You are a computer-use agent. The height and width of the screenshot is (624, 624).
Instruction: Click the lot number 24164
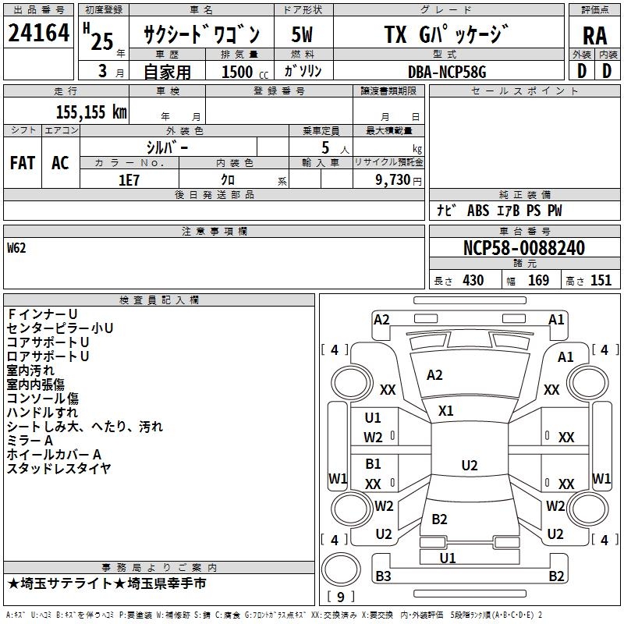tap(38, 33)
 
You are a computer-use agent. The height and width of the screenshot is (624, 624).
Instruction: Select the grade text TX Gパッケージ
tap(446, 34)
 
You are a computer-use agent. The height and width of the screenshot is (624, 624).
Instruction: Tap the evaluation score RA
tap(594, 36)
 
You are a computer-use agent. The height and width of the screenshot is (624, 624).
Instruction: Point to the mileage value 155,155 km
tap(91, 112)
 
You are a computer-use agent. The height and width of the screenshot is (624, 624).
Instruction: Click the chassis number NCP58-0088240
tap(524, 248)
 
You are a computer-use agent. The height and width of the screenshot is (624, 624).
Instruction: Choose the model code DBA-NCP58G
tap(447, 72)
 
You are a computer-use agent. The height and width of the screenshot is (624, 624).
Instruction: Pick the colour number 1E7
tap(129, 180)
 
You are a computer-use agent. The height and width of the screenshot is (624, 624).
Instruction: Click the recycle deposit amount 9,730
tap(393, 180)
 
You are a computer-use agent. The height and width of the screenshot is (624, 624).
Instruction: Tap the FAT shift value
tap(23, 163)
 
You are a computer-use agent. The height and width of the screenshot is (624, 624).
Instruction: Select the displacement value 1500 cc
tap(245, 72)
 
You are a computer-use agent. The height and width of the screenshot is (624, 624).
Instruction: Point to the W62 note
tap(16, 248)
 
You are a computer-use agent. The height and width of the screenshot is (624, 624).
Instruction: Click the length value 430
tap(473, 280)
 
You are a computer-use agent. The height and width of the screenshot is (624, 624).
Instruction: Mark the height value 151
tap(601, 280)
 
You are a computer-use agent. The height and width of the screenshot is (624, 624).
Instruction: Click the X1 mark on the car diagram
tap(445, 411)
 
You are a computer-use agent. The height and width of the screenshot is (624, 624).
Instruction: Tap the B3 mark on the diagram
tap(383, 576)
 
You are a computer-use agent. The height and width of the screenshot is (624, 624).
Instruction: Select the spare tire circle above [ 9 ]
tap(341, 569)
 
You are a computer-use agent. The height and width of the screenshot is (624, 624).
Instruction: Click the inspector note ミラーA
tap(30, 441)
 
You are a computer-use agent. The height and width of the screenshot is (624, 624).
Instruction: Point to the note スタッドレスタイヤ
tap(58, 469)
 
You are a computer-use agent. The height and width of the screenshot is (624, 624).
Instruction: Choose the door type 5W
tap(302, 34)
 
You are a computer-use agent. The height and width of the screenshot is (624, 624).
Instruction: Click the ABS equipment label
tap(478, 211)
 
